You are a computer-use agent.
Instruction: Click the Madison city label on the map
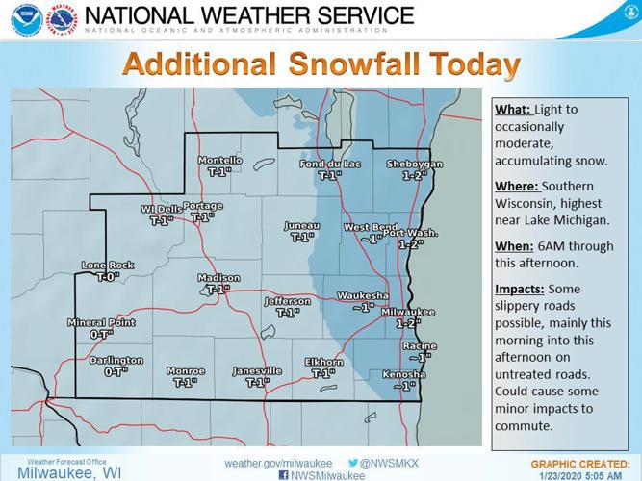(218, 278)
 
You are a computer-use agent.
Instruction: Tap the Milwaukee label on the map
(408, 312)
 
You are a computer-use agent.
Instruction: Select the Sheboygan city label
(414, 165)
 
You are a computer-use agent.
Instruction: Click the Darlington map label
(116, 361)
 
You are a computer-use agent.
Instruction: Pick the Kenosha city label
(403, 374)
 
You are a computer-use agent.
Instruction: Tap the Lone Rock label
(108, 266)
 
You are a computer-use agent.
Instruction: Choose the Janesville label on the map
(257, 370)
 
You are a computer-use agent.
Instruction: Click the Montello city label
(220, 160)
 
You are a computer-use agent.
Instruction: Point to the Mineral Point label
(101, 323)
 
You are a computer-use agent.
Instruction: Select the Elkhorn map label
(323, 363)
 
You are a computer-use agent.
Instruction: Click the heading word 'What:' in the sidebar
(512, 109)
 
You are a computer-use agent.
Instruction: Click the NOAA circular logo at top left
(26, 21)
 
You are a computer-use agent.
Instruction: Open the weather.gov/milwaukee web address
(277, 463)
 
